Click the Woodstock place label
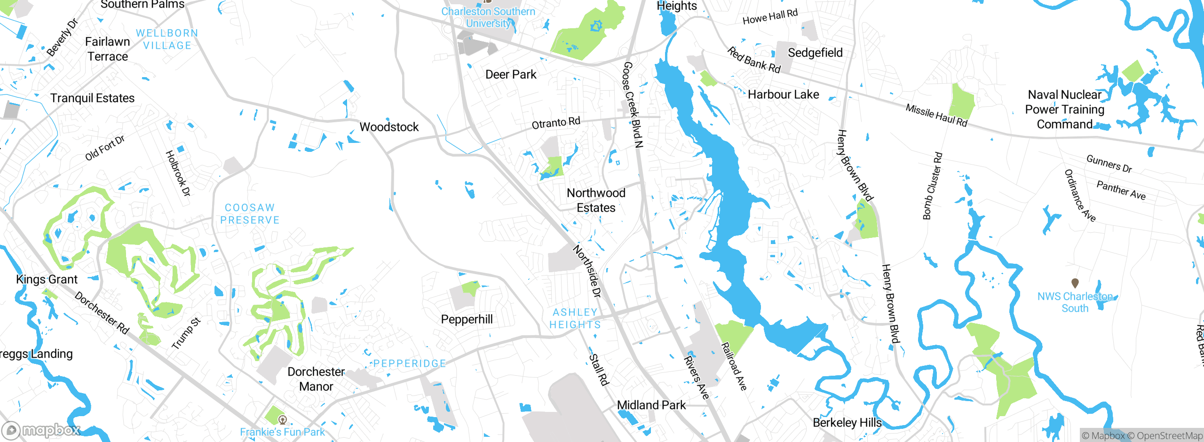[389, 127]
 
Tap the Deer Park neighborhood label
[511, 75]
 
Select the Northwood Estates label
[596, 200]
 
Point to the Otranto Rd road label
[556, 123]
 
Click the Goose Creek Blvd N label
[633, 104]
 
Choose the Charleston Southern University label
[488, 17]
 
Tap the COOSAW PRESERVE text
[250, 214]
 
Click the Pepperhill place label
[467, 319]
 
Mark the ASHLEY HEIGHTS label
[575, 318]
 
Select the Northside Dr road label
[587, 271]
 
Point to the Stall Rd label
[599, 370]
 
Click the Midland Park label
[651, 405]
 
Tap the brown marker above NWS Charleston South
[1075, 283]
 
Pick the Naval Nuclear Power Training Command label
[1064, 110]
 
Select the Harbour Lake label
[783, 95]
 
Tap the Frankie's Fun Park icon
[282, 419]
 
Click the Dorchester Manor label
[316, 379]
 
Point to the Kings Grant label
[47, 279]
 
